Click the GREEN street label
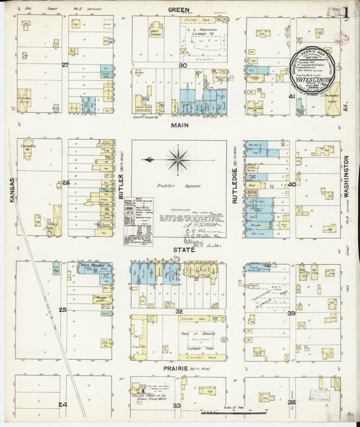[x=179, y=10]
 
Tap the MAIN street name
[x=179, y=125]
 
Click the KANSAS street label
[x=11, y=191]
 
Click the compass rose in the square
[x=178, y=160]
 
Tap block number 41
[x=292, y=97]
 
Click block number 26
[x=66, y=183]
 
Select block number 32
[x=179, y=311]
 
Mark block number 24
[x=63, y=405]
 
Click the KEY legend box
[x=138, y=220]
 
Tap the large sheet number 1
[x=345, y=11]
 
